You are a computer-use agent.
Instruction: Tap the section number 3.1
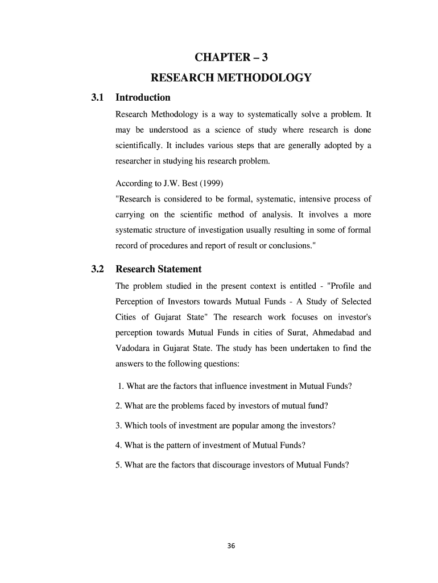tap(98, 97)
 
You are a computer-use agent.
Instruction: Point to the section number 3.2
tap(98, 269)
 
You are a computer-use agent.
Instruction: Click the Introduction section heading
tap(143, 97)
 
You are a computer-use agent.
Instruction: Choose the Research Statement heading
tap(158, 269)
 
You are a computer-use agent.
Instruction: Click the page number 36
tap(231, 546)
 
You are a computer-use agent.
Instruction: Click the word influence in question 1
tap(225, 387)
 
